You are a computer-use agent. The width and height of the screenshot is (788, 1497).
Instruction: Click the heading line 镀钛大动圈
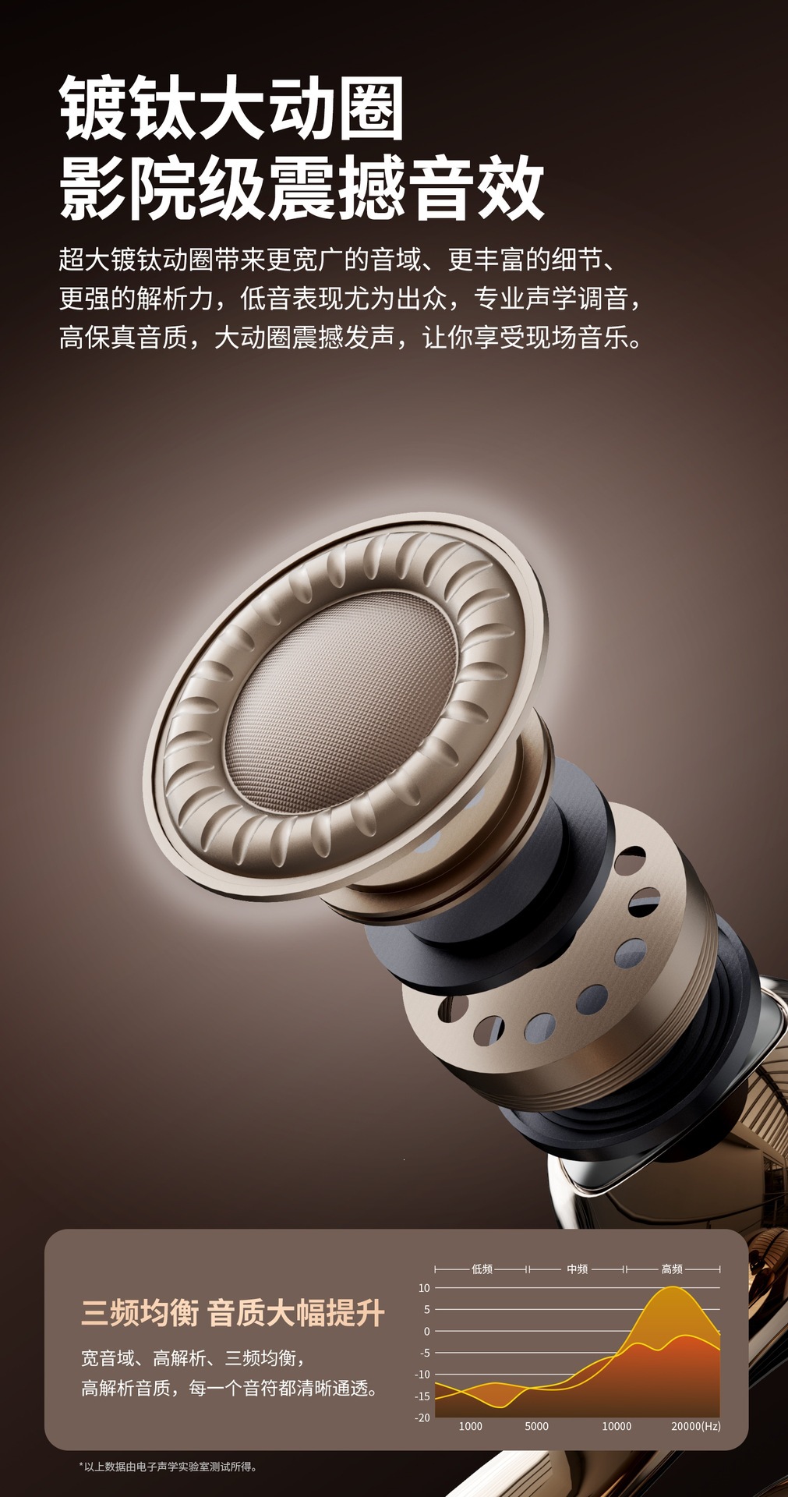[x=232, y=108]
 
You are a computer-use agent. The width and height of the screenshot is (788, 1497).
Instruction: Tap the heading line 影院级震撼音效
[x=302, y=188]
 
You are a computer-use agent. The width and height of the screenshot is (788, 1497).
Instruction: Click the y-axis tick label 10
[x=424, y=1287]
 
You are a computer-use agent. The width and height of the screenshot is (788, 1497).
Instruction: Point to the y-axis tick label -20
[x=422, y=1417]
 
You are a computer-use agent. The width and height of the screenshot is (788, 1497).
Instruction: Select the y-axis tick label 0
[x=426, y=1331]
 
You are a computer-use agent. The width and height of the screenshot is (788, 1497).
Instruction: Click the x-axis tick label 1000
[x=471, y=1426]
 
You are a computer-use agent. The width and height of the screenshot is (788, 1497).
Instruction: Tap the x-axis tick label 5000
[x=536, y=1426]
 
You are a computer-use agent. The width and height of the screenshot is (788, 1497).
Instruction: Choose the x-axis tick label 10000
[x=617, y=1426]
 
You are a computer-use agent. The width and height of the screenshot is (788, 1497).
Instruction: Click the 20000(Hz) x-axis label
[x=696, y=1426]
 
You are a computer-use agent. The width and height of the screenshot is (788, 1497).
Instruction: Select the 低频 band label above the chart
[x=482, y=1269]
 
